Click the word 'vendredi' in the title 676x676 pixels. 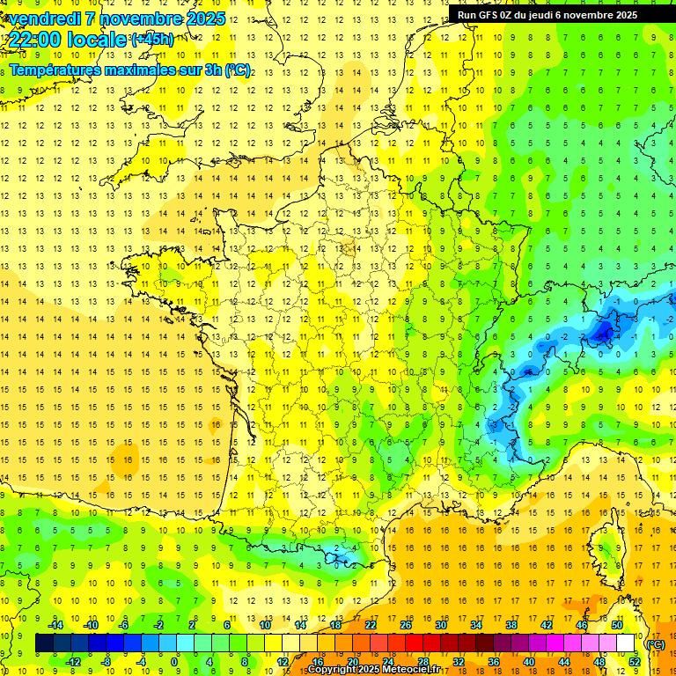pyautogui.click(x=43, y=18)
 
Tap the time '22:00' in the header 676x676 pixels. pyautogui.click(x=38, y=40)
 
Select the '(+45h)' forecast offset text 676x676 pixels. pyautogui.click(x=152, y=39)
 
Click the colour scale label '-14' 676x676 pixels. pyautogui.click(x=56, y=625)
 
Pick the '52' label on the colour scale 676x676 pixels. pyautogui.click(x=634, y=662)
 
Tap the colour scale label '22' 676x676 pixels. pyautogui.click(x=371, y=625)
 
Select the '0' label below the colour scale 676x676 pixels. pyautogui.click(x=174, y=662)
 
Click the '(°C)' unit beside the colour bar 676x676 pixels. pyautogui.click(x=656, y=644)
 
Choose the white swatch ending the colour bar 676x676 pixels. pyautogui.click(x=625, y=643)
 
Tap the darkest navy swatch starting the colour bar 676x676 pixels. pyautogui.click(x=44, y=643)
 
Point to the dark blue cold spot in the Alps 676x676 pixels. pyautogui.click(x=604, y=332)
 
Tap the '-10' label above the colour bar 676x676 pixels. pyautogui.click(x=91, y=625)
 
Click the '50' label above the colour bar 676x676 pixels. pyautogui.click(x=616, y=625)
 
